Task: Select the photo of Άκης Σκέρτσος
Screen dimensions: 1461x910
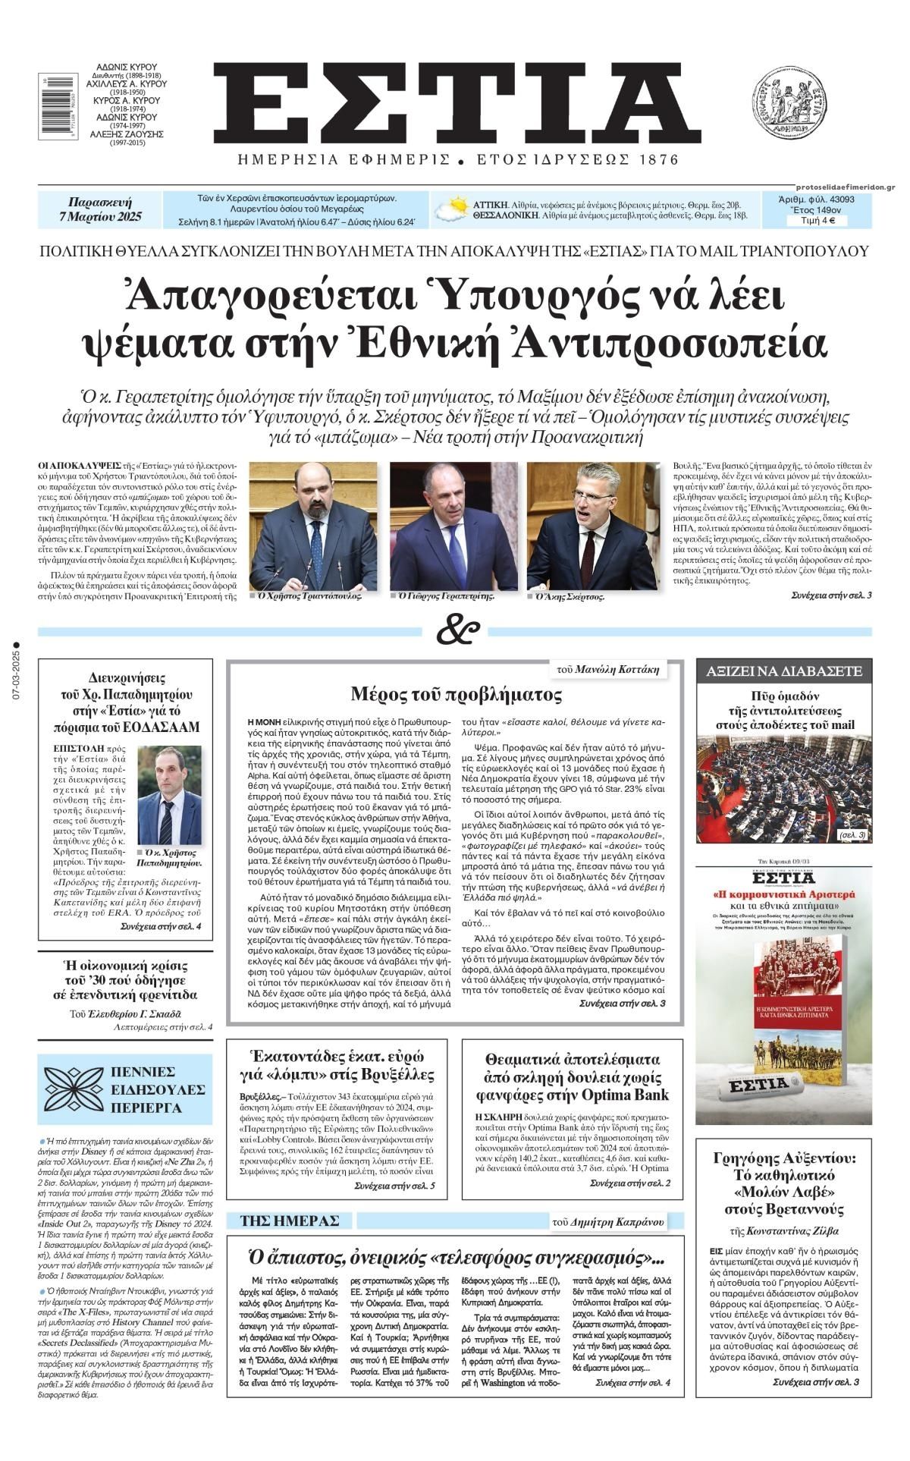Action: (x=592, y=525)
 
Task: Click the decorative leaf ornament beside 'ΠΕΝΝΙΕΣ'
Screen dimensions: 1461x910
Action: (x=74, y=1089)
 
